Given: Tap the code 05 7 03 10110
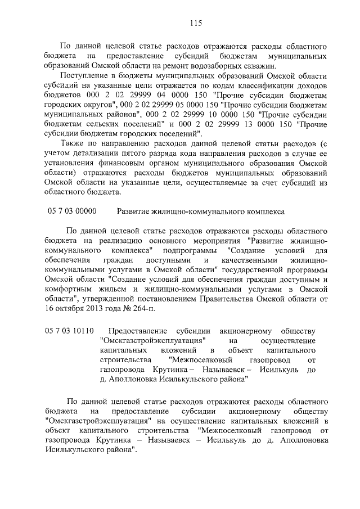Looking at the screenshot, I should pyautogui.click(x=70, y=330).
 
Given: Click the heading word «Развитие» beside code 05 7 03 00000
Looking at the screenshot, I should pyautogui.click(x=133, y=211).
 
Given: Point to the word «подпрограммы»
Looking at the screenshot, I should pyautogui.click(x=192, y=250).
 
